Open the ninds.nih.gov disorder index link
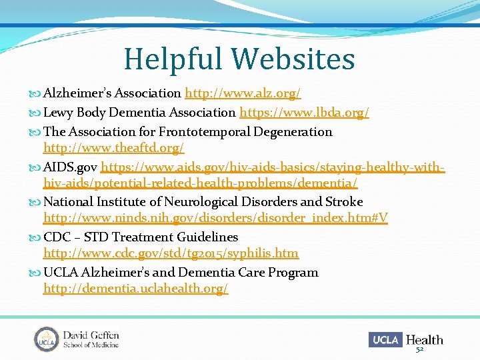point(215,218)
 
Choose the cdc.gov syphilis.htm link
point(171,253)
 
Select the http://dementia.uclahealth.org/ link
point(135,289)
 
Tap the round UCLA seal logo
point(47,339)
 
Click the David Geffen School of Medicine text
point(91,339)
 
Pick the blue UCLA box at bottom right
point(385,339)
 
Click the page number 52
point(419,350)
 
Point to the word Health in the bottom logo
point(424,339)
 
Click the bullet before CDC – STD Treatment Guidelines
point(37,237)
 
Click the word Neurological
point(202,201)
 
